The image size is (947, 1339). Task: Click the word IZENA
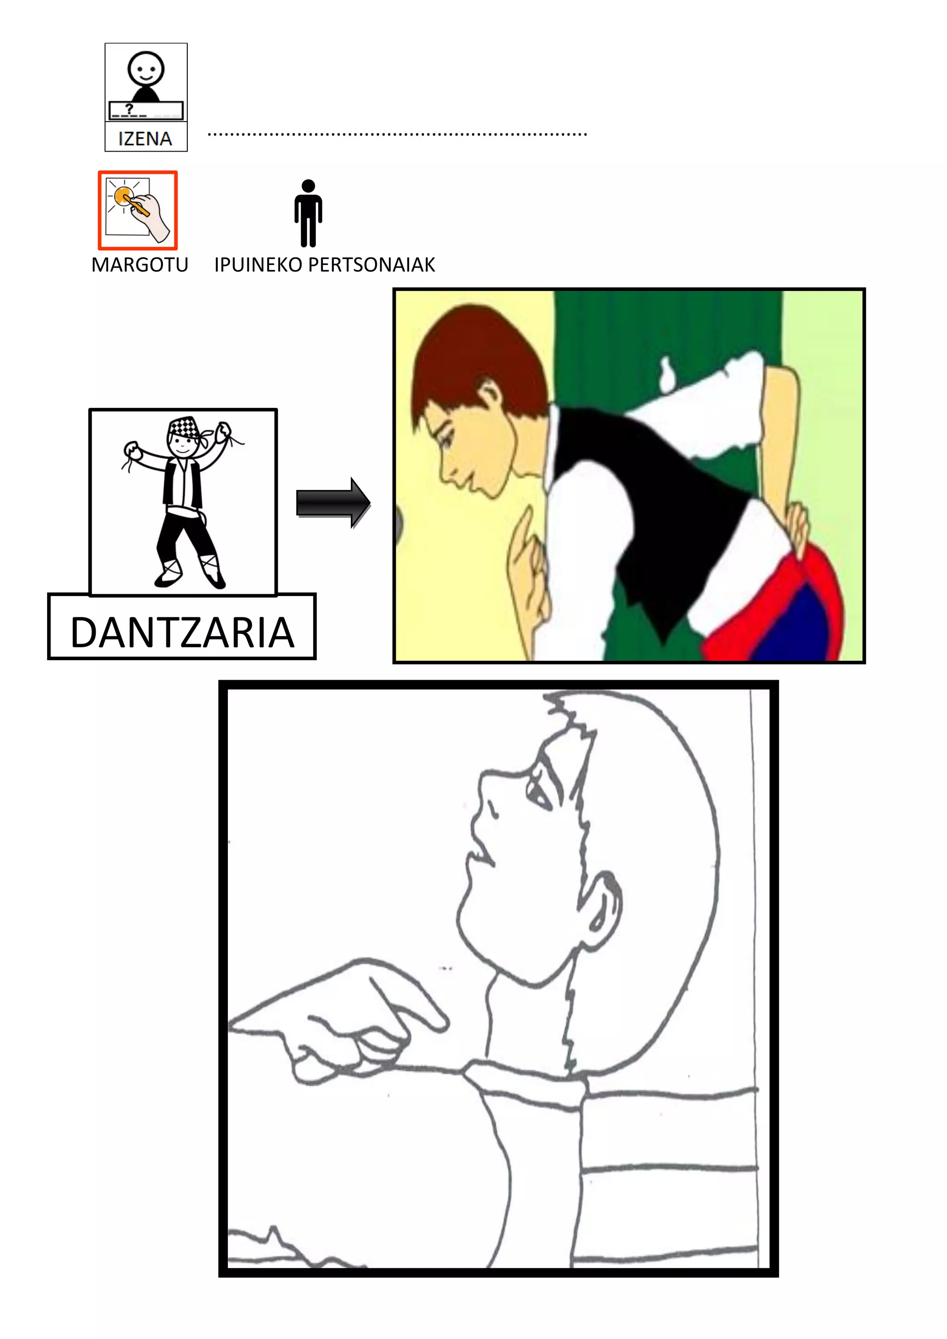point(145,139)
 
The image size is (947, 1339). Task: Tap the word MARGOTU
point(140,265)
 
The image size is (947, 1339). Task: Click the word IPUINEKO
point(258,265)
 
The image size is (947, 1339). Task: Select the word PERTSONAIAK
point(371,265)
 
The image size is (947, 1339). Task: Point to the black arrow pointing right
point(333,503)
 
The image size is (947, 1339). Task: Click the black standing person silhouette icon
point(308,213)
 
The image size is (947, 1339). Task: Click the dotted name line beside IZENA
point(397,135)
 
